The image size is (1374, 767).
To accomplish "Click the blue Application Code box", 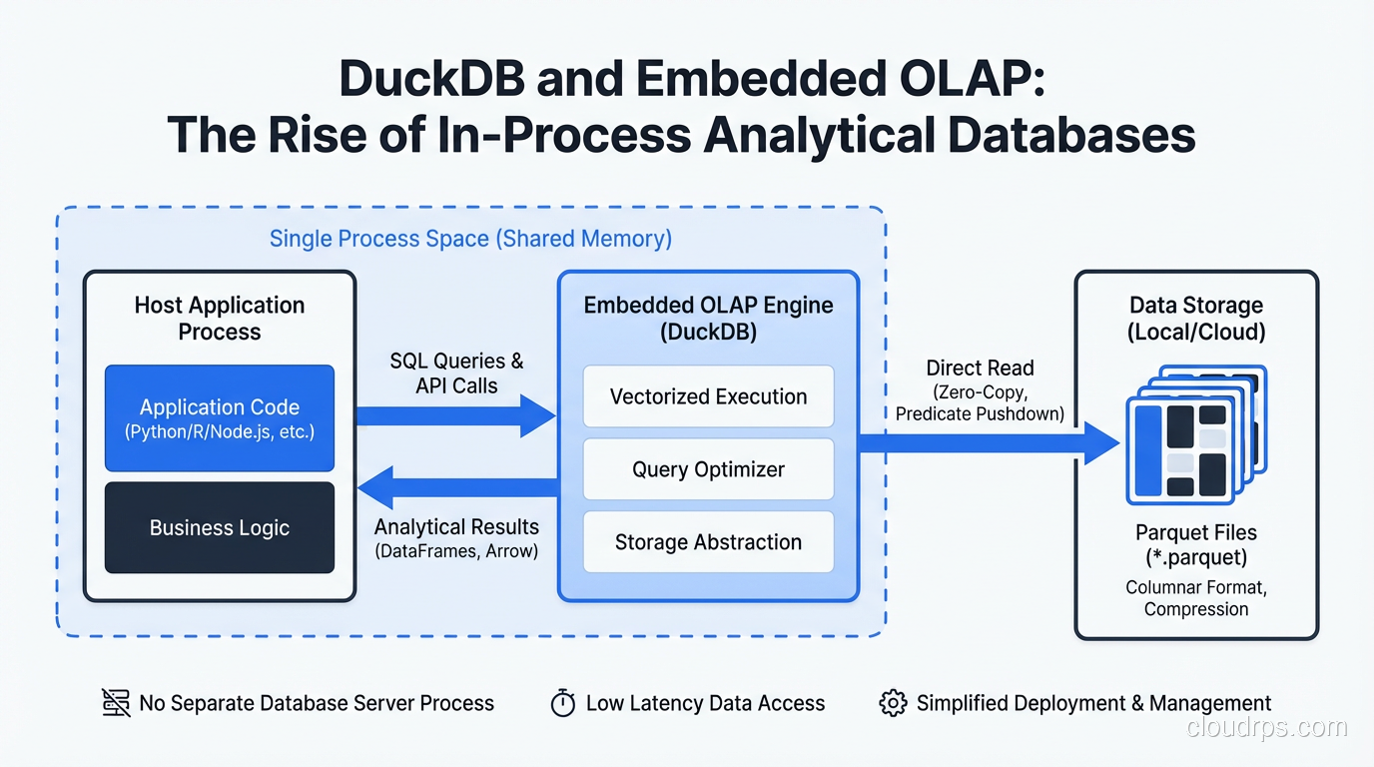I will pos(220,417).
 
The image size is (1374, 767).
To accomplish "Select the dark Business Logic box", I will pos(220,527).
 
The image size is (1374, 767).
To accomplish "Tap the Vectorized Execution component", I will pos(708,396).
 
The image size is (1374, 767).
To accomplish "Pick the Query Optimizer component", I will pos(708,469).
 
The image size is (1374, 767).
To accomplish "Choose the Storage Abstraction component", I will pos(708,542).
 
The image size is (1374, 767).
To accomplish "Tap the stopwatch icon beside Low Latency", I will pos(563,703).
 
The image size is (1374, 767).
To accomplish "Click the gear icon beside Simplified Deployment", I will pos(893,703).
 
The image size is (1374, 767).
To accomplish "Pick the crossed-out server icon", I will pos(116,703).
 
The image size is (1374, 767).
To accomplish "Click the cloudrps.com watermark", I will pos(1266,728).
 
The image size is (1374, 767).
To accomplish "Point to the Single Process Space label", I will pos(470,239).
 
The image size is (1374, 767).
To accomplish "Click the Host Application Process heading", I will pos(219,319).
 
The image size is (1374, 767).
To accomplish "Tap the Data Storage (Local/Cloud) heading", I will pos(1195,319).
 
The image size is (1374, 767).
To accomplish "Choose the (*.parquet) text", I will pos(1195,557).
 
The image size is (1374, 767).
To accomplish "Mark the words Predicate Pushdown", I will pos(980,413).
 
